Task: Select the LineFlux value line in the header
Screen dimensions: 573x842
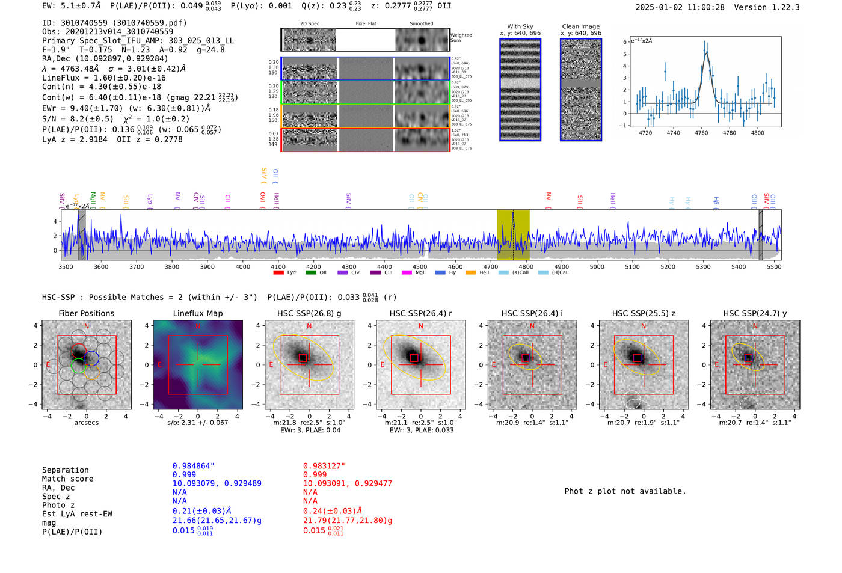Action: (104, 78)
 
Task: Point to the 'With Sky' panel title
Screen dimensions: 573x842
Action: (520, 26)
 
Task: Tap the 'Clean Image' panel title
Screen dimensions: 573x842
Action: (580, 26)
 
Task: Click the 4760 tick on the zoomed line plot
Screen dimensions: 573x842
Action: (701, 133)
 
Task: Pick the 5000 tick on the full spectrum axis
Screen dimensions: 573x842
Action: (597, 267)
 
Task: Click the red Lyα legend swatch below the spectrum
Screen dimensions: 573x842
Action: (278, 272)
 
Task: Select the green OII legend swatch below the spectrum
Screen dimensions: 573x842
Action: (310, 272)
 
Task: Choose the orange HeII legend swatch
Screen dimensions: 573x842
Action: (470, 272)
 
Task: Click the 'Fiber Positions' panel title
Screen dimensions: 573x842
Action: (86, 313)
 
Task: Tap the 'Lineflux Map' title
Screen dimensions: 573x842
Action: (197, 313)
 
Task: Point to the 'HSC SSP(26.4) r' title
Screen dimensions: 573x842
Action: (420, 313)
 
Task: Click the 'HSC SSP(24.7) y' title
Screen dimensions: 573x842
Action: (755, 313)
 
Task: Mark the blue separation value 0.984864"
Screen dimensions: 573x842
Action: (193, 466)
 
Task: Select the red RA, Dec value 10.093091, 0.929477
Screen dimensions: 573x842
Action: (347, 483)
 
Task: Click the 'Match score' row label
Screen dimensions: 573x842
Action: (67, 479)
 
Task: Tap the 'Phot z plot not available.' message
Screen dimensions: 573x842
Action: (625, 491)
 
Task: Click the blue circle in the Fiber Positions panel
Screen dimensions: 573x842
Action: (91, 358)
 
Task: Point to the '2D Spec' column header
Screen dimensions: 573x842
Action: (309, 24)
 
